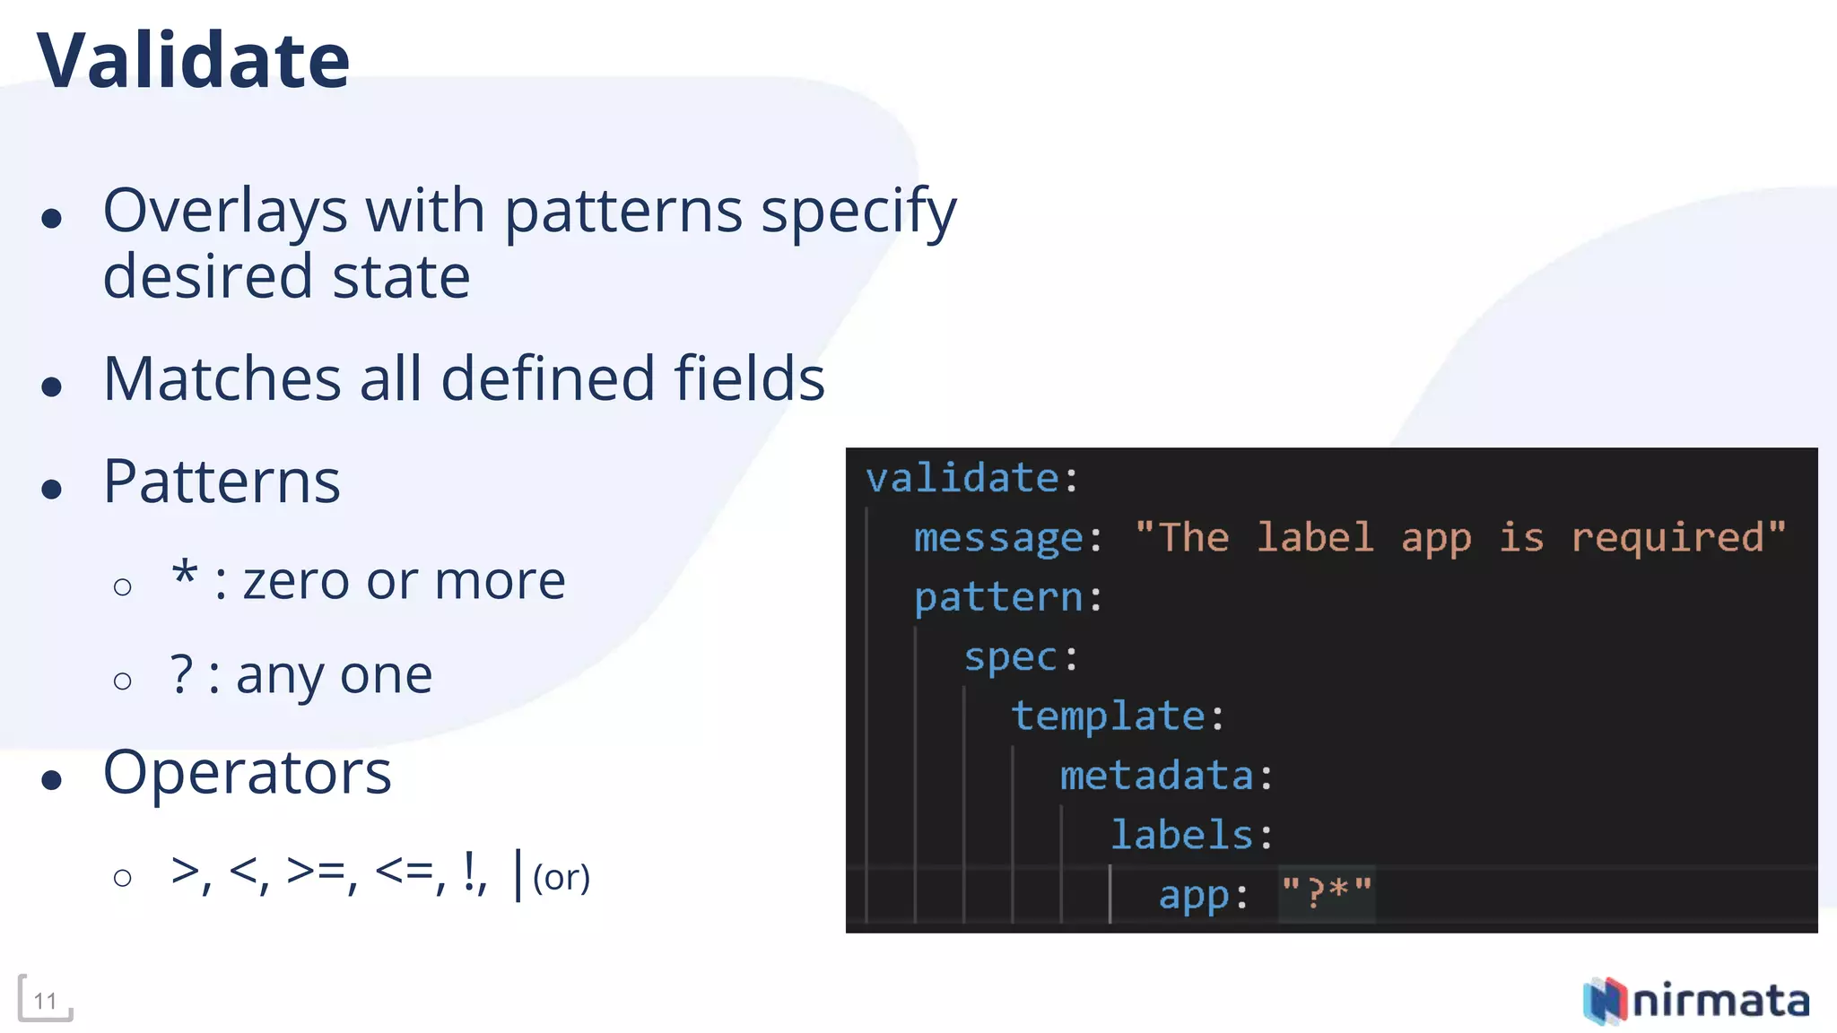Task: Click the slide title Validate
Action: [193, 61]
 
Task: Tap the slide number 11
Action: [45, 1001]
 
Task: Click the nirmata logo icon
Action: [1605, 1000]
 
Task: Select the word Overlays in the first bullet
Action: [224, 212]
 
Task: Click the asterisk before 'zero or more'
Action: [185, 575]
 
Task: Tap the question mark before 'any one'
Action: [181, 674]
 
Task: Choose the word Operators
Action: [248, 773]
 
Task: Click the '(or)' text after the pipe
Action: [562, 878]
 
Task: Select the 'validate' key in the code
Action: [962, 478]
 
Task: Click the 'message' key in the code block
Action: [998, 538]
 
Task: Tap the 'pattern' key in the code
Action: [998, 597]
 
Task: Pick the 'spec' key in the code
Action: [1011, 657]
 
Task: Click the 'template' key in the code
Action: [1108, 716]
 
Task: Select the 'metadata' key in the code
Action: [1156, 776]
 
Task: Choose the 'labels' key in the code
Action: [1181, 835]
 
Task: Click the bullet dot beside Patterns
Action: [52, 489]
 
